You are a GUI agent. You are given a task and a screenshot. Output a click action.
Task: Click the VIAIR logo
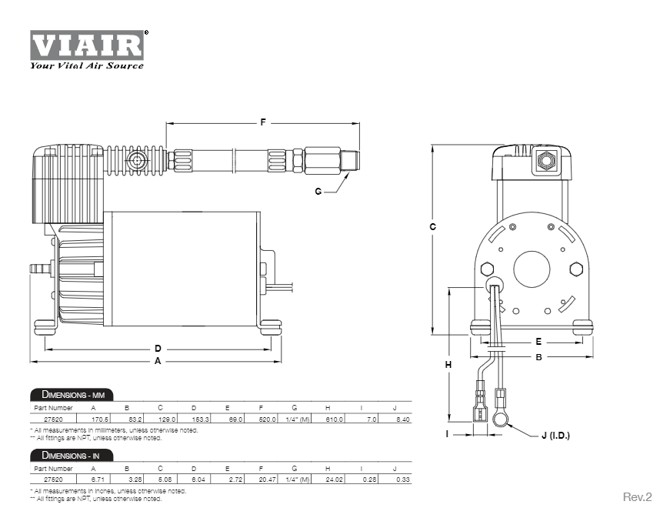click(x=87, y=45)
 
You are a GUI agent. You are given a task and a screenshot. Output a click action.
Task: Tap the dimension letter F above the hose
click(x=263, y=122)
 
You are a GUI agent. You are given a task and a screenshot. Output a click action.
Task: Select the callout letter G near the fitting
click(x=318, y=192)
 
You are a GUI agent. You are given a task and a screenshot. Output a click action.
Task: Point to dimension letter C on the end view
click(x=432, y=227)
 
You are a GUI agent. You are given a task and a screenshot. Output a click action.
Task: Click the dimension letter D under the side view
click(x=158, y=349)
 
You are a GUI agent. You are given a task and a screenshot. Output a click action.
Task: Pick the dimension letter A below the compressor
click(x=158, y=361)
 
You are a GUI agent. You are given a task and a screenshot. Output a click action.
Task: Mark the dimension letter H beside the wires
click(x=448, y=365)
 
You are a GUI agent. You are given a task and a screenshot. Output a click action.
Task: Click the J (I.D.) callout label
click(x=555, y=436)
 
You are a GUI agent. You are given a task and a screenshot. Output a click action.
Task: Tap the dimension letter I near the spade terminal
click(x=447, y=434)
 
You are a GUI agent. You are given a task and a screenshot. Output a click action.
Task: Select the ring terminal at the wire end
click(x=499, y=419)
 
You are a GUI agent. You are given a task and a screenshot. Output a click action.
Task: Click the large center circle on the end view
click(x=532, y=269)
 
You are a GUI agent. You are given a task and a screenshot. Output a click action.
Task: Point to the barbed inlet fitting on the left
click(x=39, y=269)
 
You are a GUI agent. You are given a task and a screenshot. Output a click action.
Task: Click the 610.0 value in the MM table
click(x=334, y=419)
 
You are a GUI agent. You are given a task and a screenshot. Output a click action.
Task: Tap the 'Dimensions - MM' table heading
click(x=72, y=395)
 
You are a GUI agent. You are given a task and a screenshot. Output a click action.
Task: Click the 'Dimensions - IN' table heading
click(x=72, y=455)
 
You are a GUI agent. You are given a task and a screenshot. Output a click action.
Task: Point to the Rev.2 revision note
click(x=637, y=497)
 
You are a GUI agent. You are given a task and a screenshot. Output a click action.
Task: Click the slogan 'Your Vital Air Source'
click(x=87, y=66)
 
